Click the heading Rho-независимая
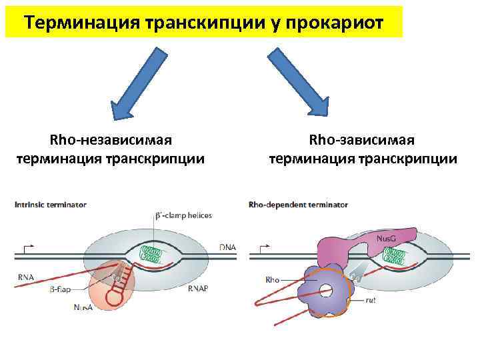pyautogui.click(x=111, y=140)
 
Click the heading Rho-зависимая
pyautogui.click(x=362, y=140)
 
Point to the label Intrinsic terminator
pyautogui.click(x=51, y=205)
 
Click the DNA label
pyautogui.click(x=227, y=247)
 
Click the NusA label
pyautogui.click(x=84, y=307)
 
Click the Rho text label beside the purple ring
pyautogui.click(x=272, y=280)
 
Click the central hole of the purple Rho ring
pyautogui.click(x=325, y=291)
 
